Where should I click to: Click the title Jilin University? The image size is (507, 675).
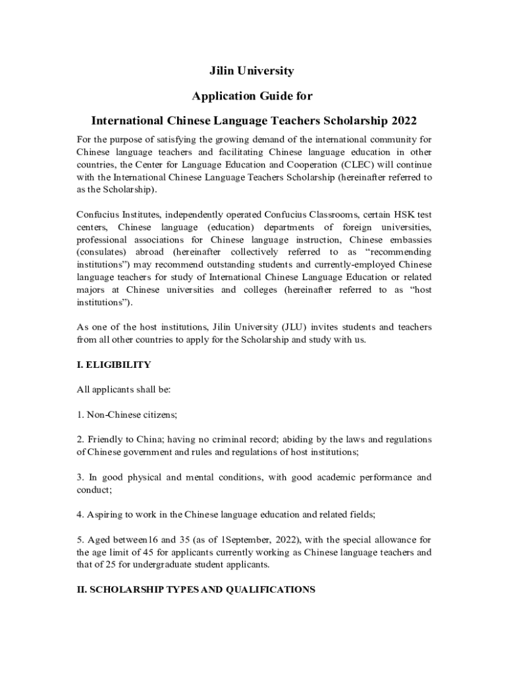click(x=252, y=71)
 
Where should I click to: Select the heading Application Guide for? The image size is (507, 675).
click(x=252, y=96)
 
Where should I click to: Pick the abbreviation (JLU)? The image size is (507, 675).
click(x=288, y=327)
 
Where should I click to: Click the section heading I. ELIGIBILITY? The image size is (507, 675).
click(x=114, y=365)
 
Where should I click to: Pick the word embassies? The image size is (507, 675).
click(x=407, y=239)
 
